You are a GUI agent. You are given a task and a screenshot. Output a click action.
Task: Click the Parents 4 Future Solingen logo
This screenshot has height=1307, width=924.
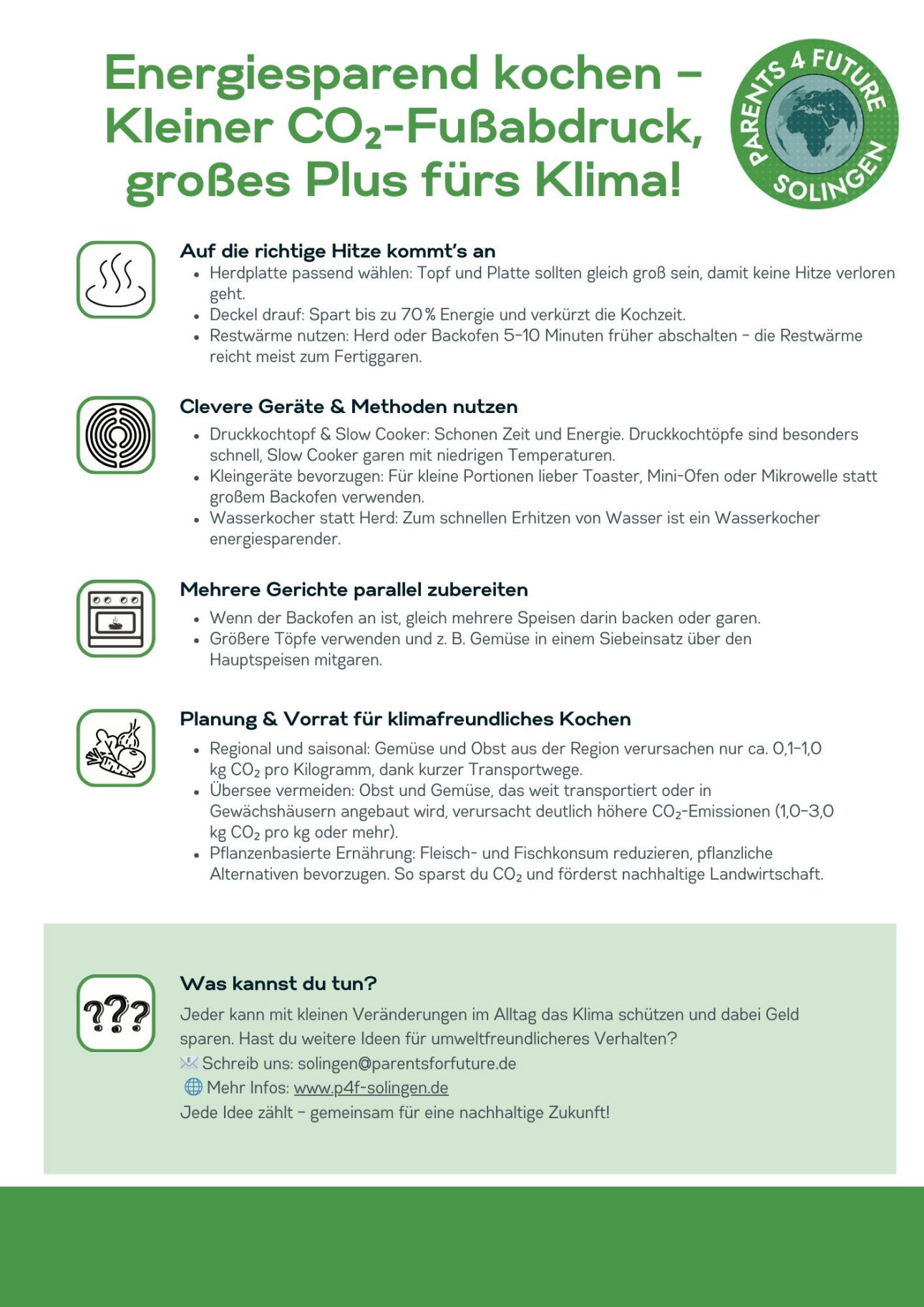pyautogui.click(x=814, y=124)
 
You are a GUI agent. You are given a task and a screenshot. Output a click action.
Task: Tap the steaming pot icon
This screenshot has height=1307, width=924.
pyautogui.click(x=116, y=280)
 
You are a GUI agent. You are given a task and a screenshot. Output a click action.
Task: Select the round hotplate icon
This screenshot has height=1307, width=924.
pyautogui.click(x=116, y=435)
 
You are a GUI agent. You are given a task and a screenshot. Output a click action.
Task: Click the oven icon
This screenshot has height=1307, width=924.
pyautogui.click(x=116, y=618)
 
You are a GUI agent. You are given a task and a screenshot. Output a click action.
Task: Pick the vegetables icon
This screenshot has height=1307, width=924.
pyautogui.click(x=116, y=748)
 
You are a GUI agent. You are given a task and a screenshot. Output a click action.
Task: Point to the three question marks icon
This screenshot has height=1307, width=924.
pyautogui.click(x=116, y=1013)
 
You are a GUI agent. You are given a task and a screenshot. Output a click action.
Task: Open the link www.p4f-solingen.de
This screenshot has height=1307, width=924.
pyautogui.click(x=371, y=1088)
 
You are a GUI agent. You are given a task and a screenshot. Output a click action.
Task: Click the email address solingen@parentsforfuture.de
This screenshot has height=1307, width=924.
pyautogui.click(x=407, y=1064)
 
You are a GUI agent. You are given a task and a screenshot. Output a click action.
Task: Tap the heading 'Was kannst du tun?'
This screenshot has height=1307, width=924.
pyautogui.click(x=278, y=983)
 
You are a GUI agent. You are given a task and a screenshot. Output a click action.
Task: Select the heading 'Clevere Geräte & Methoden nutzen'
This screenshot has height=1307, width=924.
pyautogui.click(x=349, y=407)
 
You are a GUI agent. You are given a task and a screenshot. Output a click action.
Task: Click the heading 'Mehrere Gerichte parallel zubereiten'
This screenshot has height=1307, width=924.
pyautogui.click(x=354, y=590)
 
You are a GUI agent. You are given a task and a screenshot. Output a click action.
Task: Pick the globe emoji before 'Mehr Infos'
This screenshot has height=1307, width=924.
pyautogui.click(x=193, y=1087)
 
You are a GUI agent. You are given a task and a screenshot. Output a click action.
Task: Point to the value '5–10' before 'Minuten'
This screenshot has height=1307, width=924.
pyautogui.click(x=522, y=336)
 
